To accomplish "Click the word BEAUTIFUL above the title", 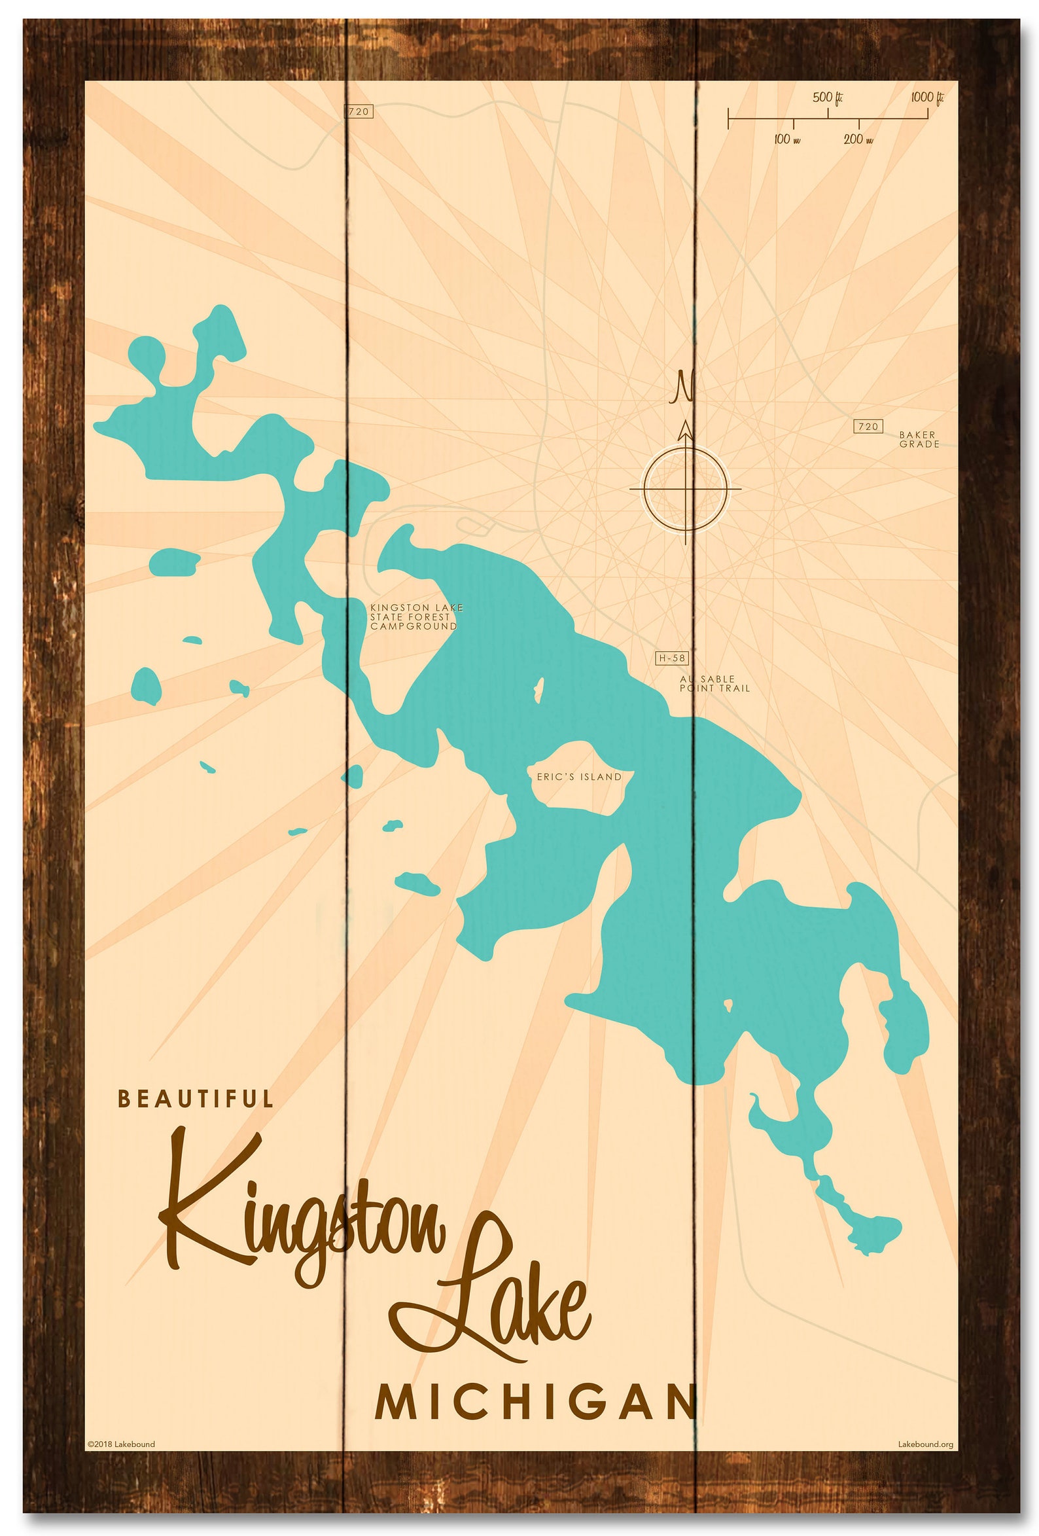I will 195,1098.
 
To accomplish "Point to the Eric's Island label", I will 579,777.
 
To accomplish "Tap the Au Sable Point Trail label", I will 714,683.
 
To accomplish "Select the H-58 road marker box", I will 671,658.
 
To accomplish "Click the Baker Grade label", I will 919,439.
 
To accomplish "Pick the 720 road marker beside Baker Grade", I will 868,426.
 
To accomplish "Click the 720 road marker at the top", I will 359,111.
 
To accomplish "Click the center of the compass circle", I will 686,489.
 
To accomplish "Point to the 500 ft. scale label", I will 828,98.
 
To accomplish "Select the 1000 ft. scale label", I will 926,98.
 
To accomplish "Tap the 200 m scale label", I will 858,139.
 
